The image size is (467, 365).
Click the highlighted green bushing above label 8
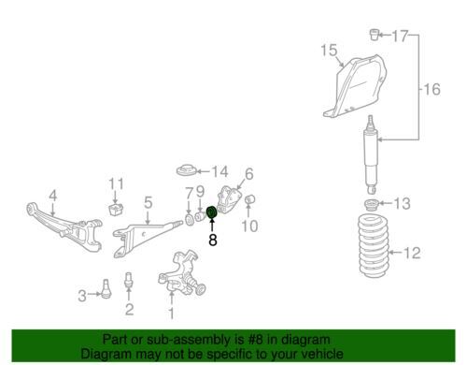(x=212, y=212)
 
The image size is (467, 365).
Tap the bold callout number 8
(x=213, y=241)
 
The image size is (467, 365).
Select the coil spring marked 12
(x=374, y=244)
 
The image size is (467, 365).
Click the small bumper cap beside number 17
(x=375, y=35)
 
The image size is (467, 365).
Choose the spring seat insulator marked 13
(x=372, y=206)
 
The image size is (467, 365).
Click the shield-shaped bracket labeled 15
(x=355, y=86)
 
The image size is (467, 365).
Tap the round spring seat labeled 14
(x=186, y=169)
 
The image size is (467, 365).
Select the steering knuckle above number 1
(x=182, y=273)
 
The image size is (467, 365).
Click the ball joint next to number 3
(x=106, y=288)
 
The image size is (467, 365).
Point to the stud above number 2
(x=129, y=280)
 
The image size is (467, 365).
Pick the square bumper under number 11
(x=116, y=209)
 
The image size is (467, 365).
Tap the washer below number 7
(x=189, y=220)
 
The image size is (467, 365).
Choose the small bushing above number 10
(x=250, y=199)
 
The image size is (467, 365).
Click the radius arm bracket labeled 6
(x=230, y=200)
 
